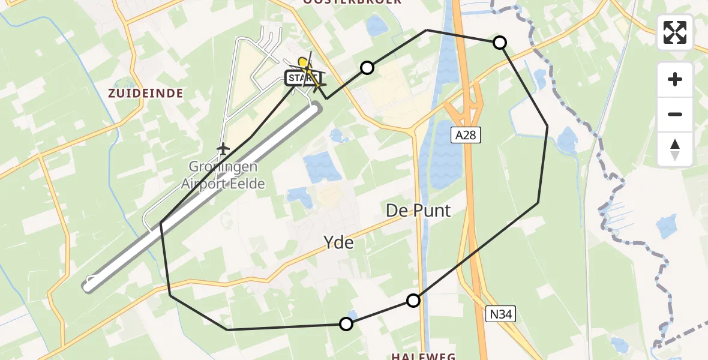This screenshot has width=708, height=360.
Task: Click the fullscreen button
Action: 675,32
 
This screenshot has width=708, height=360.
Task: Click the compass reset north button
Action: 675,149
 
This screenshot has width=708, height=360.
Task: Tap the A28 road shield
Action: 465,136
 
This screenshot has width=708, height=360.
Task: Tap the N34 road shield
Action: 501,313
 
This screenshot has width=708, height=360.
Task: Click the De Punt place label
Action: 418,211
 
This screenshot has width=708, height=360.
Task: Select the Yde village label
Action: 338,242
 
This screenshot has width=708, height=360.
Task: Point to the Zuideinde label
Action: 145,93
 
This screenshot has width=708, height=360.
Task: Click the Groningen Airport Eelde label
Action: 223,175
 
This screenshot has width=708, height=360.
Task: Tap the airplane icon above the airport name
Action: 223,148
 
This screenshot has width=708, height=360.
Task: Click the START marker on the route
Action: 298,79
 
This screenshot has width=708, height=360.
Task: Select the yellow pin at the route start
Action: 304,62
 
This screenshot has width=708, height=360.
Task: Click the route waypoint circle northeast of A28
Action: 499,43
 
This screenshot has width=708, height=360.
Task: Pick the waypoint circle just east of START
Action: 367,68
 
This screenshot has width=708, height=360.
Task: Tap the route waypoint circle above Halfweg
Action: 346,324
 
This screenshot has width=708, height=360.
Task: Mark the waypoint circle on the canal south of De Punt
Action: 413,301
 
